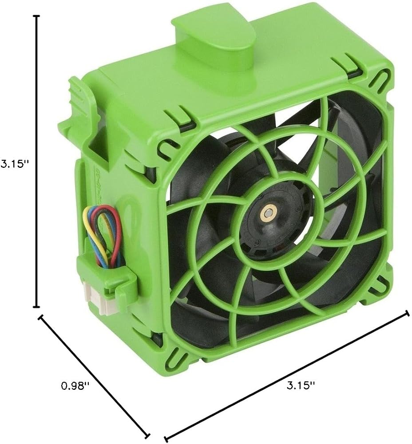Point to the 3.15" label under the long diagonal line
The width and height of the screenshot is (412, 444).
[x=301, y=385]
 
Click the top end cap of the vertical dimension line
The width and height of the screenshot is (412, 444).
[x=36, y=16]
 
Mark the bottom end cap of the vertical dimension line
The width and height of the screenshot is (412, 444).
[x=36, y=307]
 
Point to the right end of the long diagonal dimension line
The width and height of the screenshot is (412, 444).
[x=408, y=313]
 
